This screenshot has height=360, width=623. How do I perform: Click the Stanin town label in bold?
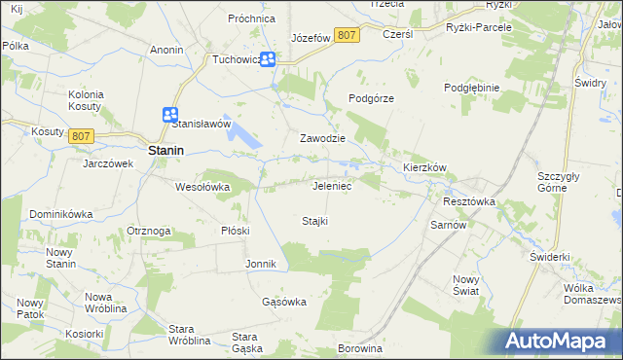coord(166,151)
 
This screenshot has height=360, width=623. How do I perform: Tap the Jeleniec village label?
coord(331,185)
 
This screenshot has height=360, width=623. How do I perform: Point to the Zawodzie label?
coord(323,138)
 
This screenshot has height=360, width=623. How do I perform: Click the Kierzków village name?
coord(424,167)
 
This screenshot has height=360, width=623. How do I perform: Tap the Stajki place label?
coord(313,221)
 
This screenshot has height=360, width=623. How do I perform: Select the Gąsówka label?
coord(284,302)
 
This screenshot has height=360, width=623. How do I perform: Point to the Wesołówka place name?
coord(202,186)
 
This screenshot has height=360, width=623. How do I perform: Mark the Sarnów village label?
coord(450,224)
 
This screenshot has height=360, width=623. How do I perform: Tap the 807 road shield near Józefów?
coord(346,35)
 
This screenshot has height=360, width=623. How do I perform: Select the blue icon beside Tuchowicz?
coord(270,59)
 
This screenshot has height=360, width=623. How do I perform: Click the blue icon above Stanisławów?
coord(171,114)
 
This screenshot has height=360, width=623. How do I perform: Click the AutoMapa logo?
coord(559,341)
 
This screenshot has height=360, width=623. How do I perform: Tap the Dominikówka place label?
coord(60,213)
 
